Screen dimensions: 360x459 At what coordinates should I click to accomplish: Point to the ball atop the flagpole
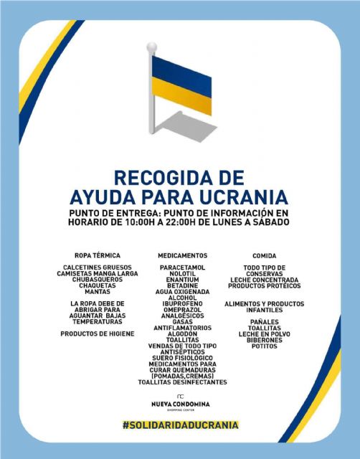click(151, 47)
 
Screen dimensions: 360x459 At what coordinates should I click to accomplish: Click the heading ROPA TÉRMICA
click(97, 255)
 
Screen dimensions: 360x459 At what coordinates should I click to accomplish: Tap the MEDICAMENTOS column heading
click(182, 255)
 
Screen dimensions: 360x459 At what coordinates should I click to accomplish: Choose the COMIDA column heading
click(264, 255)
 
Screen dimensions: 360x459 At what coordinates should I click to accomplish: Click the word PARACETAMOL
click(182, 268)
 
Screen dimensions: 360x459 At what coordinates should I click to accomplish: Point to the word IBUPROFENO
click(182, 303)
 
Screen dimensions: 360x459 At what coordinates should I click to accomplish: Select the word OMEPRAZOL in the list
click(182, 310)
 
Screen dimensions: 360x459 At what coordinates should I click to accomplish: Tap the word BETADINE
click(182, 285)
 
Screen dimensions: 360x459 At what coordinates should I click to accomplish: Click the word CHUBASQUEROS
click(97, 280)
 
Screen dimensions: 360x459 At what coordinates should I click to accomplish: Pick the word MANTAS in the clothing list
click(97, 292)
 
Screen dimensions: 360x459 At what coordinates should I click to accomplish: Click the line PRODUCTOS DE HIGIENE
click(97, 333)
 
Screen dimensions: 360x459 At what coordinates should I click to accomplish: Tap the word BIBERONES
click(264, 340)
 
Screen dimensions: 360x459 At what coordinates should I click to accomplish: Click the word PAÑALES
click(264, 322)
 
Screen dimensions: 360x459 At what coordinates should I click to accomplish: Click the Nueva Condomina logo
click(180, 402)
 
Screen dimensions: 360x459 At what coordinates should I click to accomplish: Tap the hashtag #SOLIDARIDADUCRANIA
click(180, 425)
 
